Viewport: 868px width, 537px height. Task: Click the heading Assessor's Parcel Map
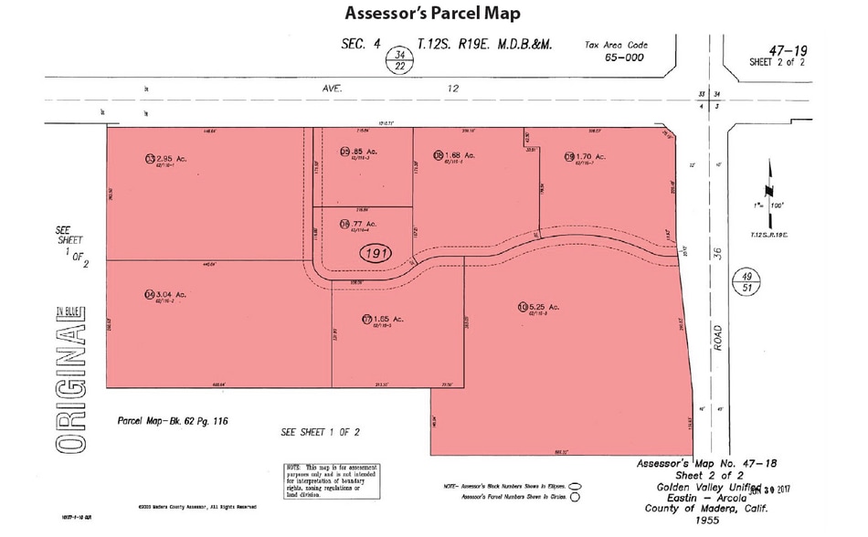coord(434,14)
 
